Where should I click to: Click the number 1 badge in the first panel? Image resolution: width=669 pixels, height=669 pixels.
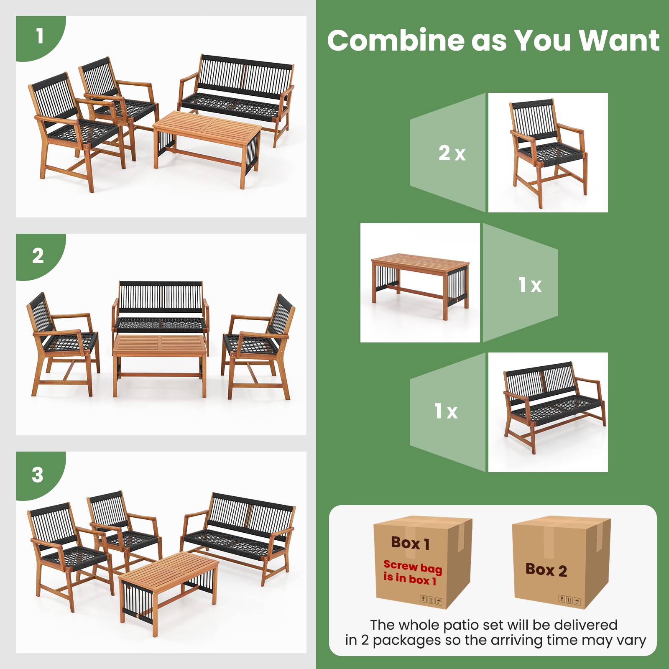40,36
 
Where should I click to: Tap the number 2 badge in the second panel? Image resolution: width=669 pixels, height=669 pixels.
38,256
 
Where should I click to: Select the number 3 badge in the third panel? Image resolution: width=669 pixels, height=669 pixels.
38,475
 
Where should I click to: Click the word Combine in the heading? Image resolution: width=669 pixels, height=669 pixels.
396,41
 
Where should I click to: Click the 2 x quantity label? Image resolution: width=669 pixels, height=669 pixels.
452,153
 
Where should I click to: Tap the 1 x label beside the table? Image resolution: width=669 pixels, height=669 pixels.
530,285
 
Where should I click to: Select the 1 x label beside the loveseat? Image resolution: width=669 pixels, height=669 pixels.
446,411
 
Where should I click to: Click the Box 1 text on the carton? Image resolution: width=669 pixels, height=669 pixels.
410,543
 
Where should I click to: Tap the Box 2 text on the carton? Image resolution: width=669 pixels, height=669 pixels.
546,570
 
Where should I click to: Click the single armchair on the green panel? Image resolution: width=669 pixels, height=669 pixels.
548,153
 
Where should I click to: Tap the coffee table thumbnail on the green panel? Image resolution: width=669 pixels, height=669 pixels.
420,282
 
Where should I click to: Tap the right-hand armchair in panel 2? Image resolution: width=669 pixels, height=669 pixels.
259,347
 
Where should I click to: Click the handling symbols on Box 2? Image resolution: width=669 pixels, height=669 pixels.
569,600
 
